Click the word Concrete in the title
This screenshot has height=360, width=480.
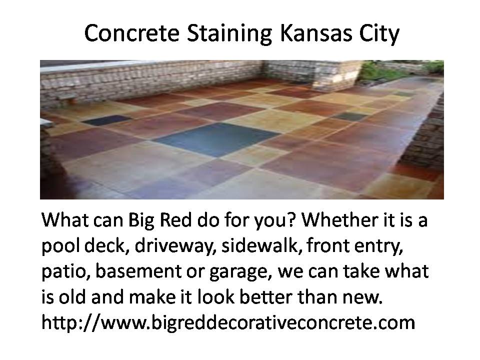pyautogui.click(x=131, y=33)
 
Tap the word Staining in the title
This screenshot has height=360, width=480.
pyautogui.click(x=229, y=33)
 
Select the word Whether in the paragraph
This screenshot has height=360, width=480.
pyautogui.click(x=340, y=219)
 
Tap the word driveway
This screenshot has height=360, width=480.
pyautogui.click(x=173, y=246)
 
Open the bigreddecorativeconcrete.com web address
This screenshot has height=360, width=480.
pyautogui.click(x=228, y=322)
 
